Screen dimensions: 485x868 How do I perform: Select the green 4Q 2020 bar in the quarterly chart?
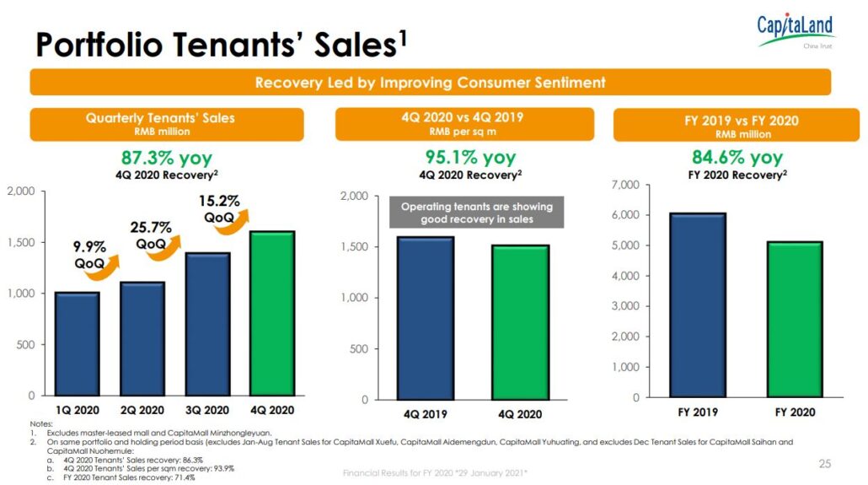pos(271,312)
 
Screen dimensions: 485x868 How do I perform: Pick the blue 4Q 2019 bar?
pos(425,317)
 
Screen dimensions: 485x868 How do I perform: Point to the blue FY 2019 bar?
pos(697,304)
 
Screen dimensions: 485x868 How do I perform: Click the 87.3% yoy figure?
pos(167,158)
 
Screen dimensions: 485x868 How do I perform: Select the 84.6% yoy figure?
pos(737,157)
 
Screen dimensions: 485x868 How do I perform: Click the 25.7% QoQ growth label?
pos(151,234)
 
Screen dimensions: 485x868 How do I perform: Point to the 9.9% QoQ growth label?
pos(88,255)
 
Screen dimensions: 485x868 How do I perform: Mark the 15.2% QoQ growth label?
pos(219,208)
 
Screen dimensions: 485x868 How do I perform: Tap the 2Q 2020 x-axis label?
pos(142,410)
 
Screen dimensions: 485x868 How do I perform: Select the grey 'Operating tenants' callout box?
pos(477,213)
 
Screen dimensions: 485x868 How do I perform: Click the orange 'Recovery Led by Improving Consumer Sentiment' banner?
pos(430,83)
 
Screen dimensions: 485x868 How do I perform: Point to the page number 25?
pos(824,463)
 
